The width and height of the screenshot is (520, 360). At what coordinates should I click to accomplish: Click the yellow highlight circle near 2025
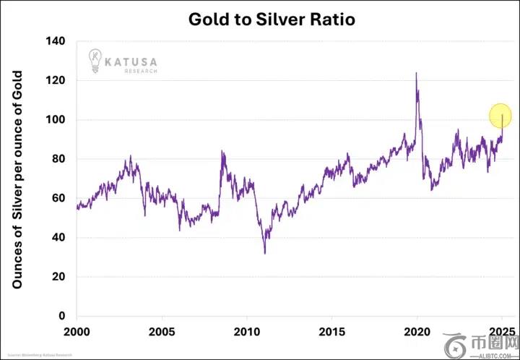coord(500,116)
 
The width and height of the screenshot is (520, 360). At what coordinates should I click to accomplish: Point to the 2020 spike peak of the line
coord(416,73)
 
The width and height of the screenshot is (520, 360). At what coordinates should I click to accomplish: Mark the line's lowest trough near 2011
coord(265,252)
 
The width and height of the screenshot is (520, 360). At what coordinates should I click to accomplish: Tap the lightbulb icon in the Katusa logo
coord(95,60)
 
